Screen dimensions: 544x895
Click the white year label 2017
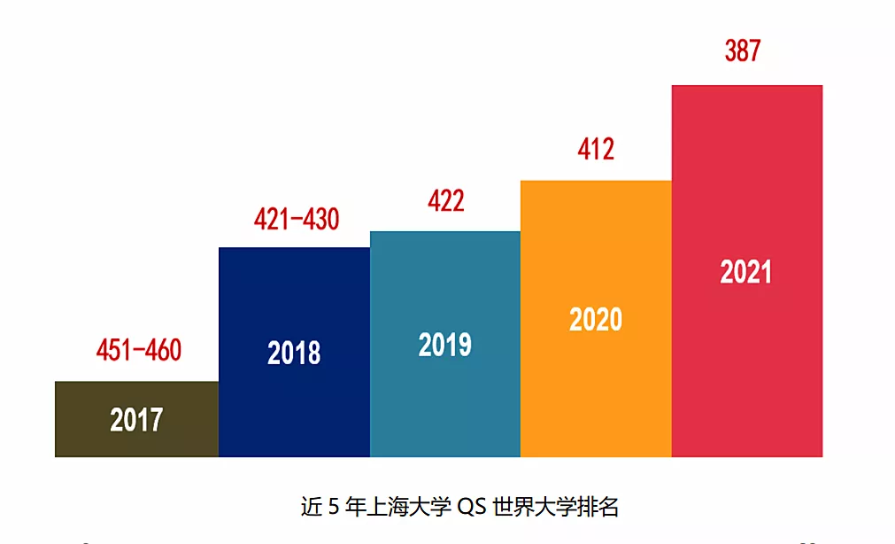[x=136, y=419]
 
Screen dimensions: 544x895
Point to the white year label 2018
[x=294, y=354]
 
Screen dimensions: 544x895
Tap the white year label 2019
[x=444, y=345]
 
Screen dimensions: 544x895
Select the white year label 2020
[x=596, y=319]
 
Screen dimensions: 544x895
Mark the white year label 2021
[x=746, y=272]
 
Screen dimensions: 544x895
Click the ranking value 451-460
[x=138, y=350]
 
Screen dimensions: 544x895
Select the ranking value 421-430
[x=297, y=219]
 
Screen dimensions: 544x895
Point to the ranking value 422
[x=445, y=201]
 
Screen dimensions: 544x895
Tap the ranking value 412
[x=596, y=150]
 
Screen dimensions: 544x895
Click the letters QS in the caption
[x=474, y=508]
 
